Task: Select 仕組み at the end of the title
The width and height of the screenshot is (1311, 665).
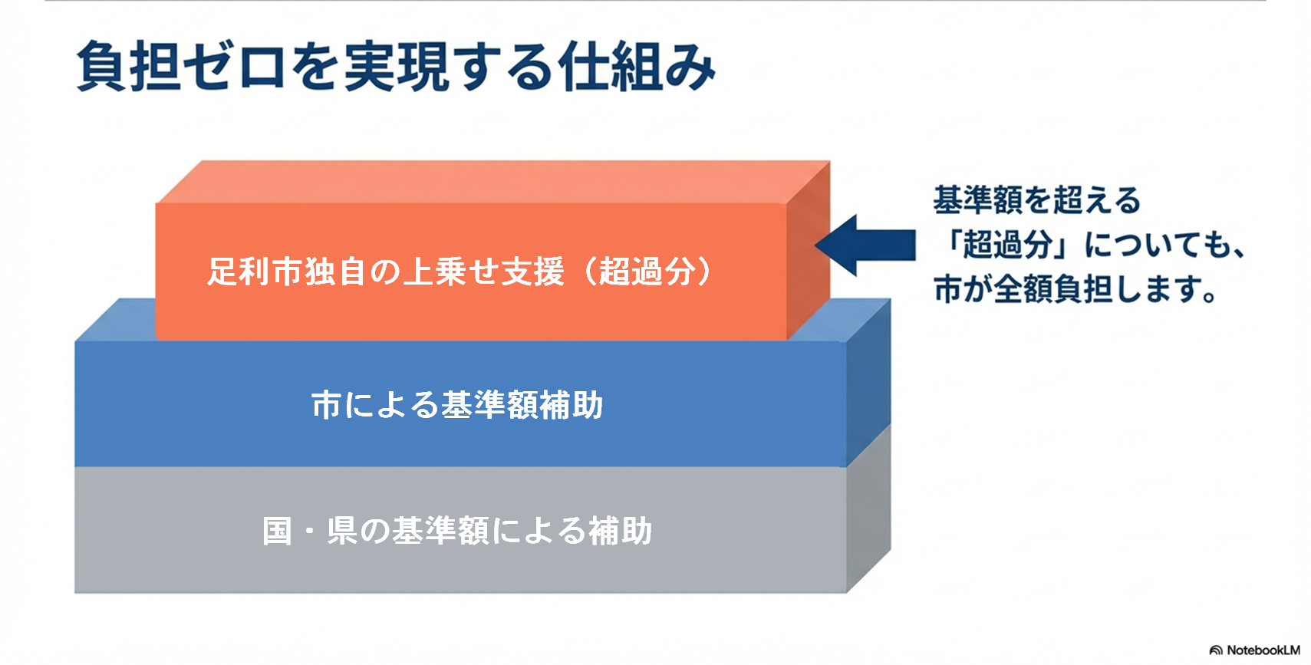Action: [637, 67]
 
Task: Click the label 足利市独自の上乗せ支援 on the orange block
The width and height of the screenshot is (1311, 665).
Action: [385, 272]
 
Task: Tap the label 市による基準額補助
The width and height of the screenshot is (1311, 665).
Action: [457, 405]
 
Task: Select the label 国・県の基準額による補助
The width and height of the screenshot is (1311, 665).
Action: [457, 531]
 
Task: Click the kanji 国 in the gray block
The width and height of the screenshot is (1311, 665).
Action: [277, 531]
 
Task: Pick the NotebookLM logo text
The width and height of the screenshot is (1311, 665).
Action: [1263, 650]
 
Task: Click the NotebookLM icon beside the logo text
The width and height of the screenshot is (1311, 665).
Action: [1216, 650]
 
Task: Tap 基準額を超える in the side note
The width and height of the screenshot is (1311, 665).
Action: [1037, 201]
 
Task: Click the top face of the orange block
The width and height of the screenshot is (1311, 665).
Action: [491, 181]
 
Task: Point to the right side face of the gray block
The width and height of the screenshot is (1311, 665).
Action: [868, 510]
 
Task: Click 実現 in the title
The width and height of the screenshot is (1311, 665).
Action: [396, 67]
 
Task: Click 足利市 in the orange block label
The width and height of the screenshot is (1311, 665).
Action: [255, 272]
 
